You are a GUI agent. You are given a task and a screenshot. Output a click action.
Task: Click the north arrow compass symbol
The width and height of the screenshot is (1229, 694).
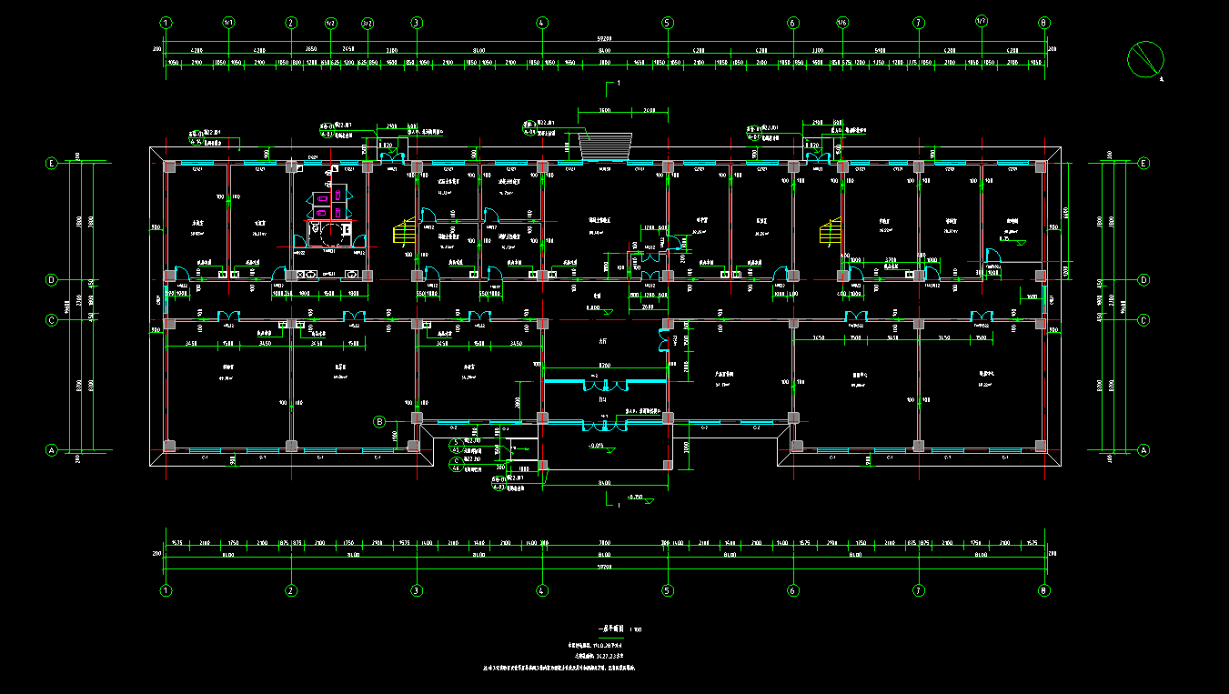tap(1145, 59)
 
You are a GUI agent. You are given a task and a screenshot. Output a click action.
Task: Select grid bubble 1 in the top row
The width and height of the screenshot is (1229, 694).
tap(166, 23)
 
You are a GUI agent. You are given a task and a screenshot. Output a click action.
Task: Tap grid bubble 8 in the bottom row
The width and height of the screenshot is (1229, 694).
tap(1044, 590)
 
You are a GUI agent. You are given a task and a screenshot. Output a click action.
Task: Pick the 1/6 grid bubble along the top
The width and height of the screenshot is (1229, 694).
tap(842, 23)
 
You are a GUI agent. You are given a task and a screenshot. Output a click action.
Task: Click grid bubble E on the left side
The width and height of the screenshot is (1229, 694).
tap(52, 164)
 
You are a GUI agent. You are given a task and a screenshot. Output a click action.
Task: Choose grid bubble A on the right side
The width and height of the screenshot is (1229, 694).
tap(1143, 449)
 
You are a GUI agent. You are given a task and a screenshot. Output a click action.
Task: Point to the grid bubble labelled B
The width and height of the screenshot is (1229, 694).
tap(381, 421)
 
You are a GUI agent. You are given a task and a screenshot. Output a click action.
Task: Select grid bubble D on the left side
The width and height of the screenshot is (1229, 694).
tap(52, 280)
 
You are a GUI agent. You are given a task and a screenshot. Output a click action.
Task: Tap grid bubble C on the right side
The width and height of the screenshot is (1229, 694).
tap(1143, 320)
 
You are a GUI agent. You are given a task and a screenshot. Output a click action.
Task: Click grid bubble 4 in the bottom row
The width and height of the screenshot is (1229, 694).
tap(542, 590)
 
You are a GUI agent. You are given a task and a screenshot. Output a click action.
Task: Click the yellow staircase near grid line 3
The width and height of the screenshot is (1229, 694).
tap(401, 231)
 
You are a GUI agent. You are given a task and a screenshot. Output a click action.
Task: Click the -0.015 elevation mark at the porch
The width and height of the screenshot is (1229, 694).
tap(599, 446)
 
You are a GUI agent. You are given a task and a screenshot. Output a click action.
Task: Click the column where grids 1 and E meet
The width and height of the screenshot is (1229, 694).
tap(169, 166)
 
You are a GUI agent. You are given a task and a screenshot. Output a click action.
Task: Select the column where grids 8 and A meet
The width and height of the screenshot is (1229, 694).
tap(1041, 446)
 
